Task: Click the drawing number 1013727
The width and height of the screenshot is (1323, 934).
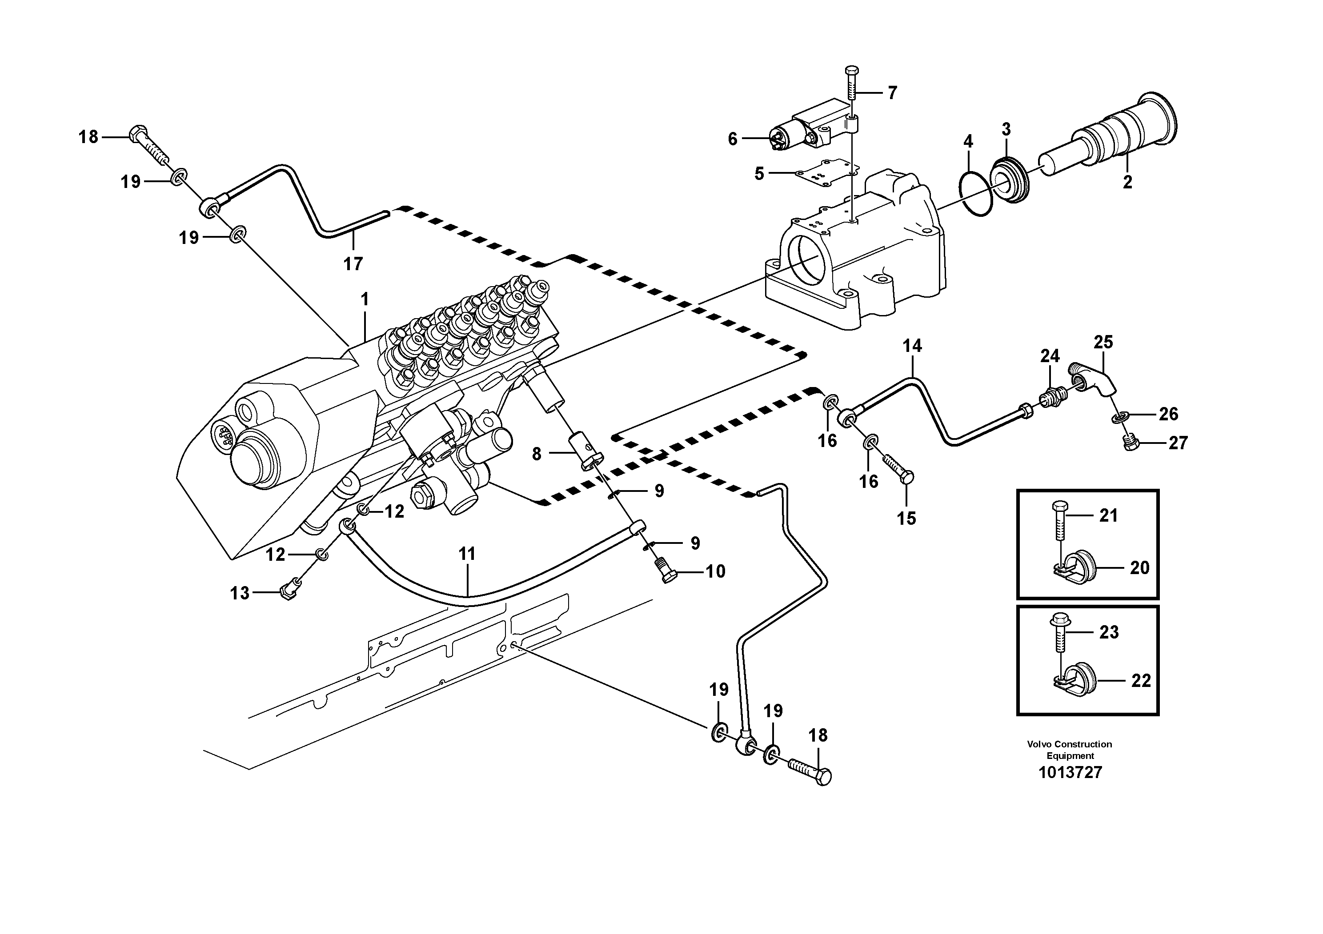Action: point(1070,772)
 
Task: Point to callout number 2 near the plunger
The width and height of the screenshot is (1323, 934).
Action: point(1127,182)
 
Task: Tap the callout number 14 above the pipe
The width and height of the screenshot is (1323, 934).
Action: point(912,346)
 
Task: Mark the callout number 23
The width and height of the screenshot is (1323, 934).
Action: point(1108,632)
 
